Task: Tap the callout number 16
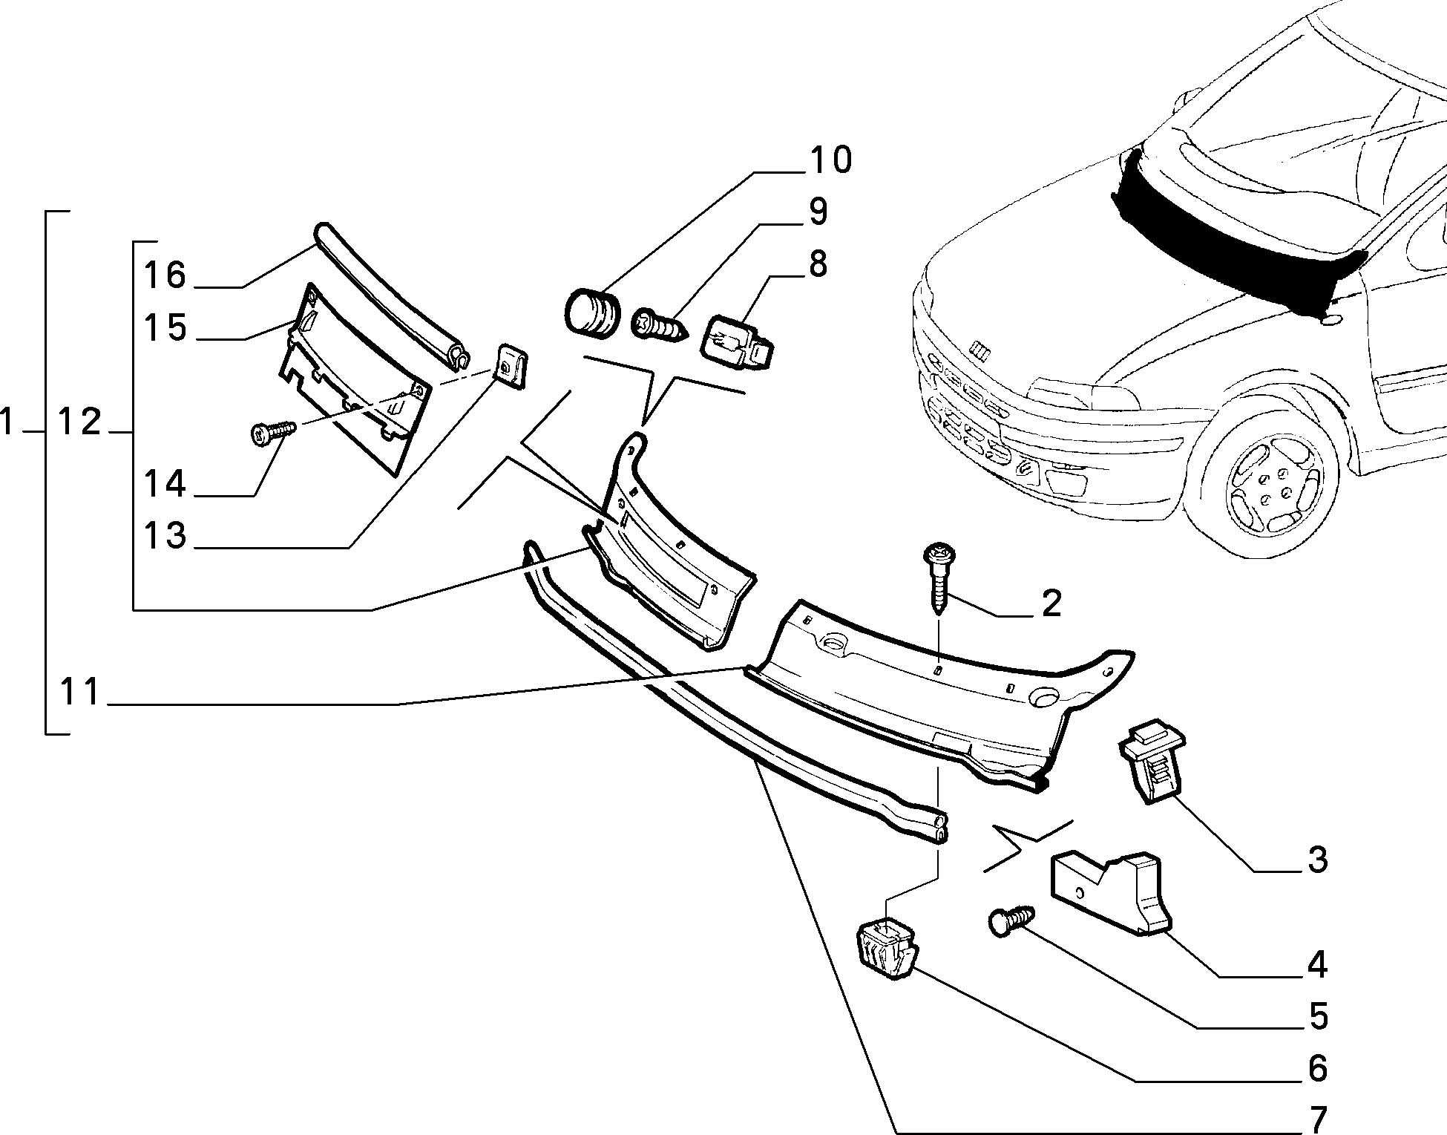165,275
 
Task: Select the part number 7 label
1317,1116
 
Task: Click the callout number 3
1316,860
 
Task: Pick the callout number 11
79,692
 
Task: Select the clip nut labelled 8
737,340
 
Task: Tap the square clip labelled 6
887,952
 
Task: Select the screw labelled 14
274,432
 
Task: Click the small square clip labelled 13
511,365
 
